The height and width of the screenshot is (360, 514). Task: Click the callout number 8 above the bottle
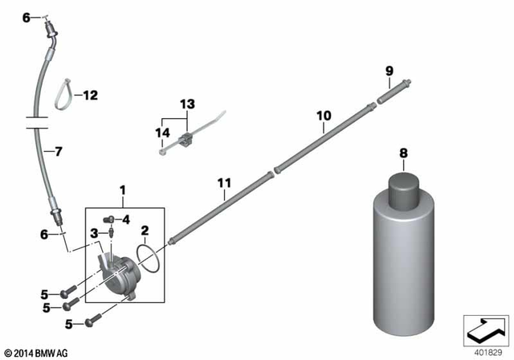(403, 152)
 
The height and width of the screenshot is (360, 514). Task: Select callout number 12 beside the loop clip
(90, 96)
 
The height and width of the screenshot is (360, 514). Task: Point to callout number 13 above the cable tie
(187, 104)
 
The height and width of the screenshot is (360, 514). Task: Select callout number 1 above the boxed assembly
(123, 190)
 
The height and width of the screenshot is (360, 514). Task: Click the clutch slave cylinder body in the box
(118, 272)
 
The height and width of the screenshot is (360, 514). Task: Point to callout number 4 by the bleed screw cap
(126, 219)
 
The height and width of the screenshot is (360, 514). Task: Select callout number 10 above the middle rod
(323, 116)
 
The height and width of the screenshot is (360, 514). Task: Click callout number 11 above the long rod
(222, 183)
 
